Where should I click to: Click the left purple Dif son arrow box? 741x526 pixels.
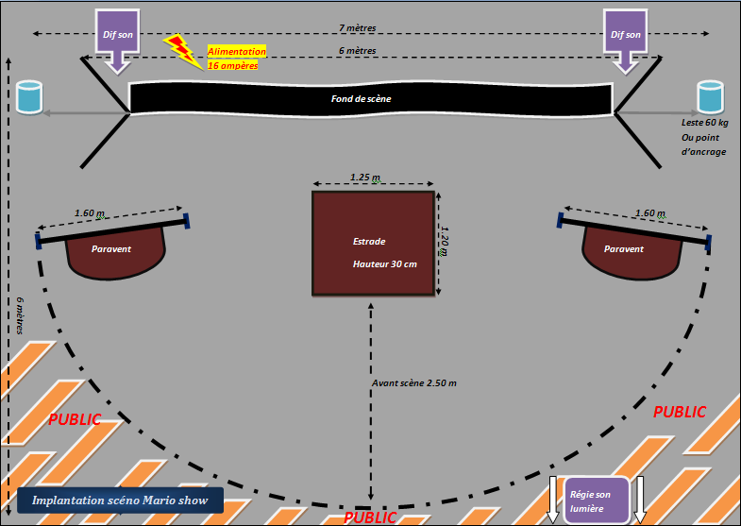117,36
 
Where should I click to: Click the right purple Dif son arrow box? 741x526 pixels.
626,36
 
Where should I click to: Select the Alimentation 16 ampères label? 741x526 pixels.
236,59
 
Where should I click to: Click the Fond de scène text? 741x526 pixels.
361,98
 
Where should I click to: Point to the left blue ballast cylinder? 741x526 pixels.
29,97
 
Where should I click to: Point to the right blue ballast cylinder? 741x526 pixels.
710,97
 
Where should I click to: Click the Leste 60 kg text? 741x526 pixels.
704,124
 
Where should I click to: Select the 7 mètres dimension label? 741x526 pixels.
360,27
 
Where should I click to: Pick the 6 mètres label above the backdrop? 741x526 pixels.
358,51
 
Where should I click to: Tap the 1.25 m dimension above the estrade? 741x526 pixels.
365,177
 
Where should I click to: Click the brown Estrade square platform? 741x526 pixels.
374,244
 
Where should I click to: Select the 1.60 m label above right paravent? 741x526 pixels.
651,213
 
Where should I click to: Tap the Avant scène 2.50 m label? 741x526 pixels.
415,382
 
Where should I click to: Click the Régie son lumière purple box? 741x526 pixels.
592,501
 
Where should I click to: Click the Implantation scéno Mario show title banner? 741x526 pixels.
119,501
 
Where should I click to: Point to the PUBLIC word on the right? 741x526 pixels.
680,412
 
